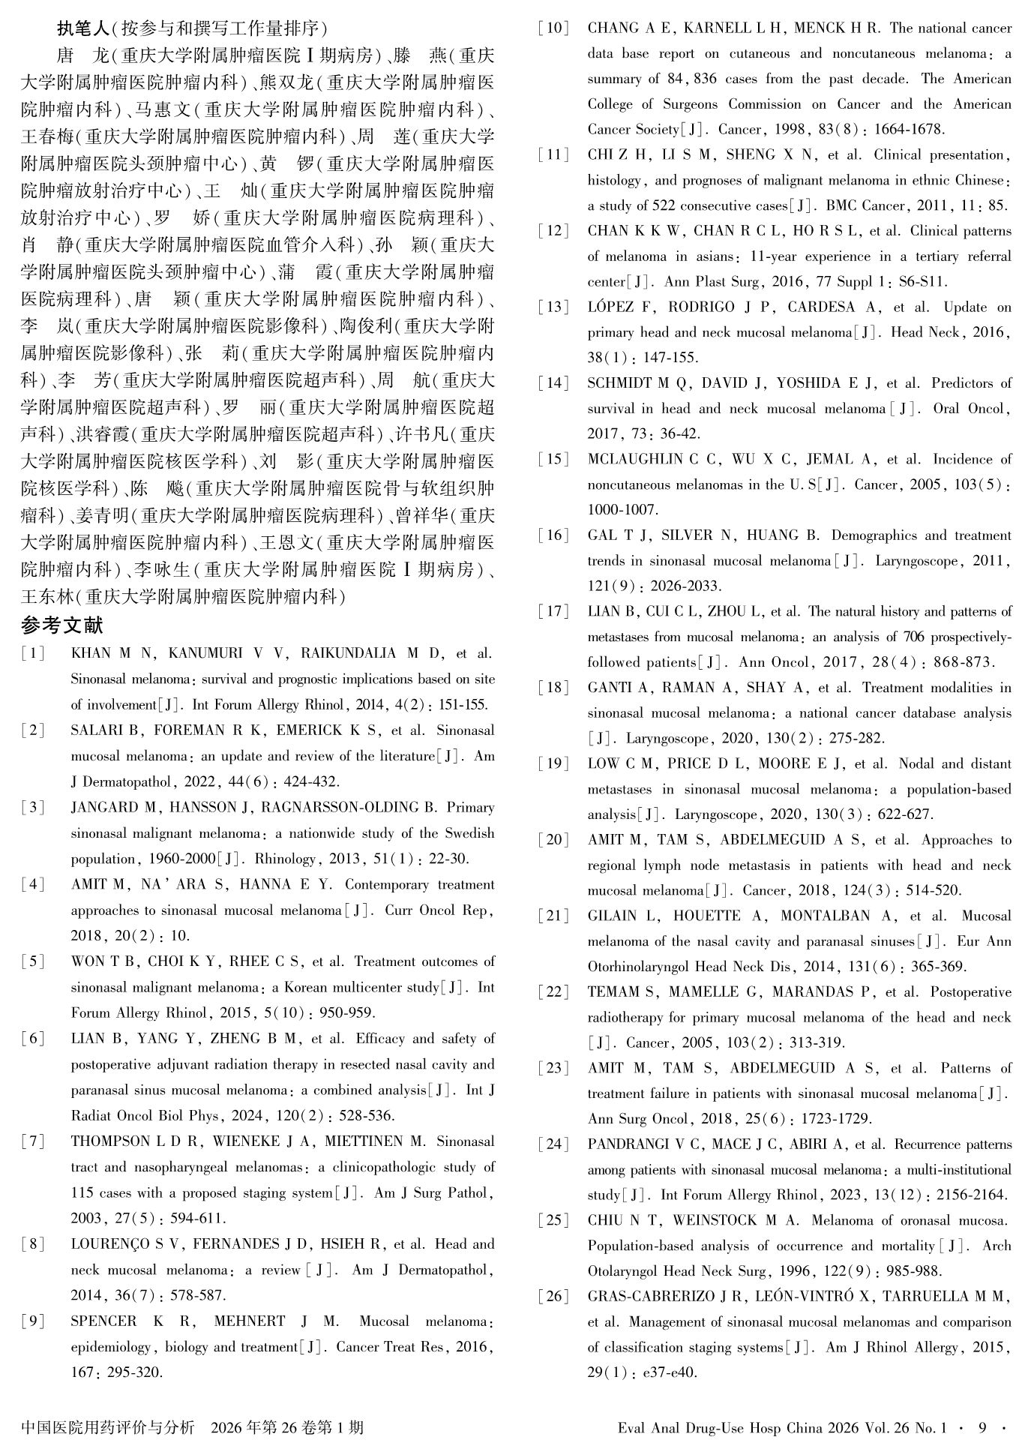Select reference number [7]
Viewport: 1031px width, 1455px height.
point(33,1141)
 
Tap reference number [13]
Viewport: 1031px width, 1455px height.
point(553,307)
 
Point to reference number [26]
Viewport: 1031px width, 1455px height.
point(553,1296)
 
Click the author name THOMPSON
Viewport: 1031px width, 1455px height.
point(110,1141)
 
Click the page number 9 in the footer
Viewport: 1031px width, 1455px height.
point(982,1427)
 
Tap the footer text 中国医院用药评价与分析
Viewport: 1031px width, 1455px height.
point(108,1427)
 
